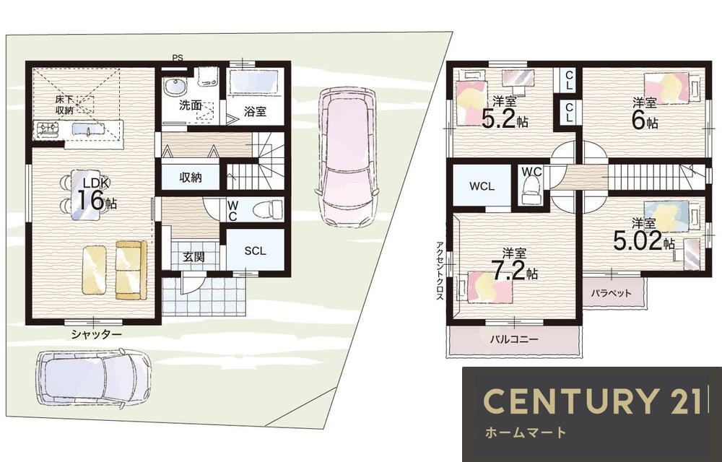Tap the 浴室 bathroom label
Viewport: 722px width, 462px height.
click(255, 111)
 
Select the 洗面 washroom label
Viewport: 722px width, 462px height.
click(191, 105)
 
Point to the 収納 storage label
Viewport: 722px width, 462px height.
click(190, 177)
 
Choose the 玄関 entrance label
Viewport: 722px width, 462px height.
click(193, 257)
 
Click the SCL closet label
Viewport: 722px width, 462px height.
click(255, 250)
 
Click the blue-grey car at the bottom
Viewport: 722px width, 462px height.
click(93, 378)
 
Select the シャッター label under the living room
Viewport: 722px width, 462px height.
click(96, 334)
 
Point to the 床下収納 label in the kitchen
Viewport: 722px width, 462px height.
click(64, 105)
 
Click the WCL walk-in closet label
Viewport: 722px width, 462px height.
click(482, 186)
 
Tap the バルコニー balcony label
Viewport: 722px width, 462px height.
click(513, 340)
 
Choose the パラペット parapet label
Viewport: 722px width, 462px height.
click(611, 292)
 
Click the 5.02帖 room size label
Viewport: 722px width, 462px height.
click(644, 240)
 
